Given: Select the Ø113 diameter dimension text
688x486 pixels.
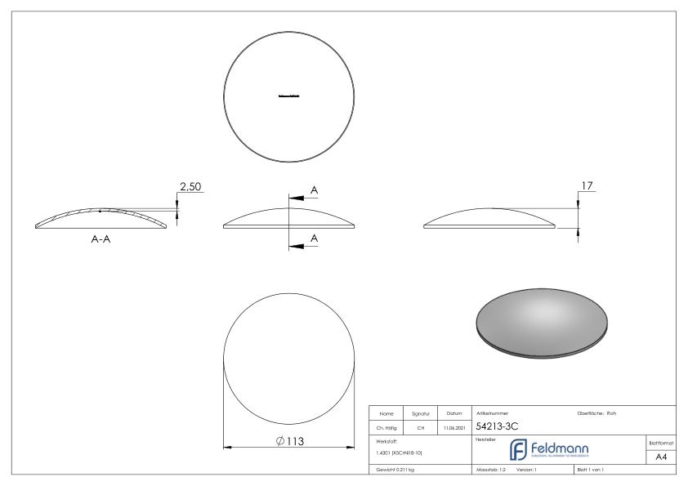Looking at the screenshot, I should coord(292,440).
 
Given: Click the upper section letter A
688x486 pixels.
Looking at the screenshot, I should coord(315,189).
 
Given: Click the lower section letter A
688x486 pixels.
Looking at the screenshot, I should coord(315,238).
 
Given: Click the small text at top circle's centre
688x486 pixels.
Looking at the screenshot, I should coord(289,96).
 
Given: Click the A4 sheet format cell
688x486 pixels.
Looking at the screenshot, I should coord(662,457).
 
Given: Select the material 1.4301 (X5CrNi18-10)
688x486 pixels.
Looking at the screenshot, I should coord(399,452).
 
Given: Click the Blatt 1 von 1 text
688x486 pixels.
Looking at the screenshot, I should coord(594,470).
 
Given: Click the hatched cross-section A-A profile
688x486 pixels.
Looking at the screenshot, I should coord(101,216).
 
